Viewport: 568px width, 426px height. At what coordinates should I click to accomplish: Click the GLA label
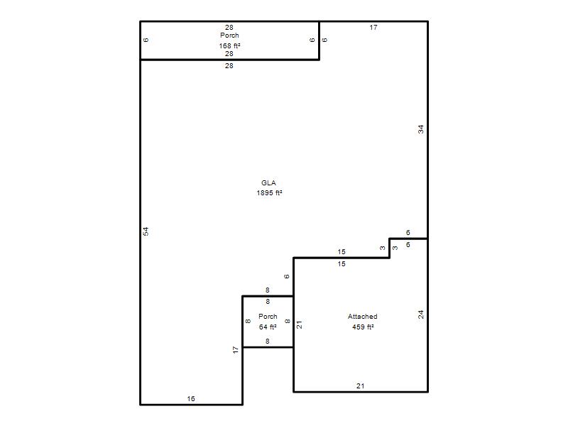268,183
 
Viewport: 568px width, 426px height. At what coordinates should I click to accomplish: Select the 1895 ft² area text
269,192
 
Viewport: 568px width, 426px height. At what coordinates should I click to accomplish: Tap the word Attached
362,316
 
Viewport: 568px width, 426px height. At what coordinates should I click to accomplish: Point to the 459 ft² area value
363,327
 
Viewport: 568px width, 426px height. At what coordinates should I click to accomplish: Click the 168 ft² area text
229,45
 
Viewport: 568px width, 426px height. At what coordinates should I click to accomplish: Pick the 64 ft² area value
268,327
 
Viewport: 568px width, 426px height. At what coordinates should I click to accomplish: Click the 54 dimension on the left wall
146,231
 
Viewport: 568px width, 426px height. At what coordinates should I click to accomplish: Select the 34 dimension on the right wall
420,129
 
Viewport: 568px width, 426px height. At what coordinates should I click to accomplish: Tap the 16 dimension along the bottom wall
191,398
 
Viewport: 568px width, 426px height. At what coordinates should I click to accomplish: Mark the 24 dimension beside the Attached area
420,315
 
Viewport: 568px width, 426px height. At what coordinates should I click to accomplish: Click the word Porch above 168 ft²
229,35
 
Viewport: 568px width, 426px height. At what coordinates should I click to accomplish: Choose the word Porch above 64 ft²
268,316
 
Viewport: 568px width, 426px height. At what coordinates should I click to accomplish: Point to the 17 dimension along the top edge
373,27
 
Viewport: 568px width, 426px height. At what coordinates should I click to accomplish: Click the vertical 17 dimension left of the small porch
236,349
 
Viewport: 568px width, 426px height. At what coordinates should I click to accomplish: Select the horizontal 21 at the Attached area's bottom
360,386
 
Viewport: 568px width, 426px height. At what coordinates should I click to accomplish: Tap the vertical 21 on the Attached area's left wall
299,324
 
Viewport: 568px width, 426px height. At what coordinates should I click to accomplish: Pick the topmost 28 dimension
229,27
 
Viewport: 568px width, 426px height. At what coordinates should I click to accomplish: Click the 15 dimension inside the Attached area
342,263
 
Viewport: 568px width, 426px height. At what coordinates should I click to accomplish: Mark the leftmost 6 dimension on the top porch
146,40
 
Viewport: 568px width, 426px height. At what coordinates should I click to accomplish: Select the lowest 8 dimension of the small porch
268,341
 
